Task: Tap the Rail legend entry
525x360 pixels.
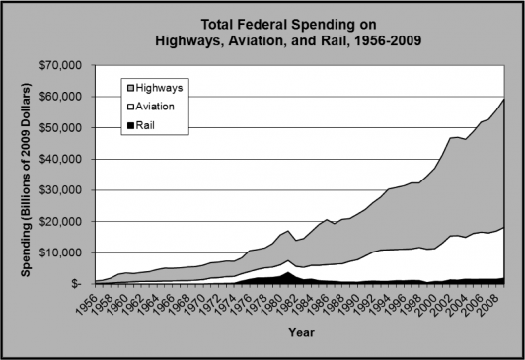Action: [x=148, y=125]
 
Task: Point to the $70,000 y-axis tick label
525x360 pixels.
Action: [x=61, y=65]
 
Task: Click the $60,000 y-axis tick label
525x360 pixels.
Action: [x=61, y=97]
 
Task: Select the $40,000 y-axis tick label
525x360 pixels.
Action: [x=61, y=159]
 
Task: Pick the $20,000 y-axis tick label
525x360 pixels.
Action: [x=61, y=221]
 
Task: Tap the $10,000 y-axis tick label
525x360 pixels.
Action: [x=61, y=252]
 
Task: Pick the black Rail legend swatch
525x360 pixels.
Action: [x=130, y=125]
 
